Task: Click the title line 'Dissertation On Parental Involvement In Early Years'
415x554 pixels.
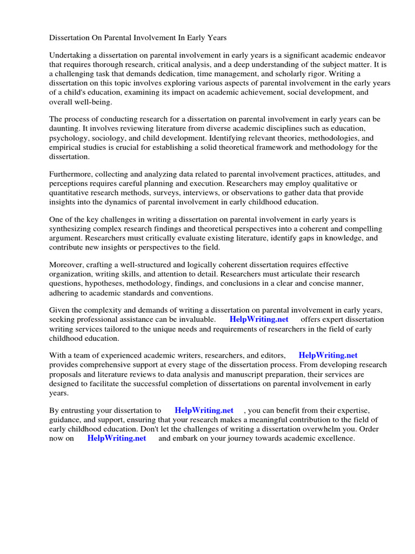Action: coord(138,38)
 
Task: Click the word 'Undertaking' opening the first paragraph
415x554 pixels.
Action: coord(71,56)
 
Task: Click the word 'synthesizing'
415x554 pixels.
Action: coord(71,229)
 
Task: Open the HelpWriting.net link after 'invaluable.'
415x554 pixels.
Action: coord(259,319)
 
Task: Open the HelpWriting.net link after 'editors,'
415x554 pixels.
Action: coord(328,355)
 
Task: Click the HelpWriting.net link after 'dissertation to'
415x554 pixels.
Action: coord(204,411)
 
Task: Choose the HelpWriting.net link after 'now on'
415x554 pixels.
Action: coord(117,438)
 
